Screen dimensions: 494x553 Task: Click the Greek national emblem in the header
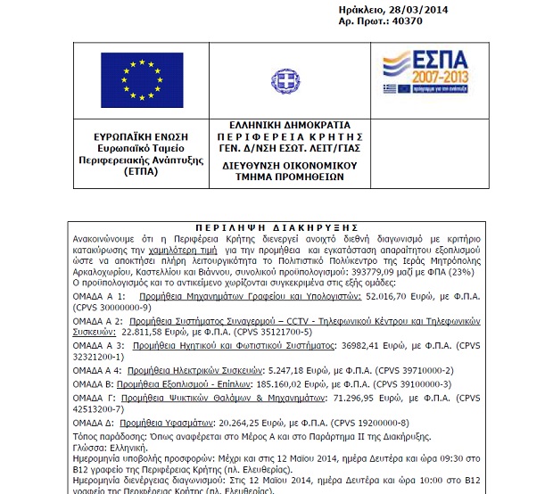point(285,80)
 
